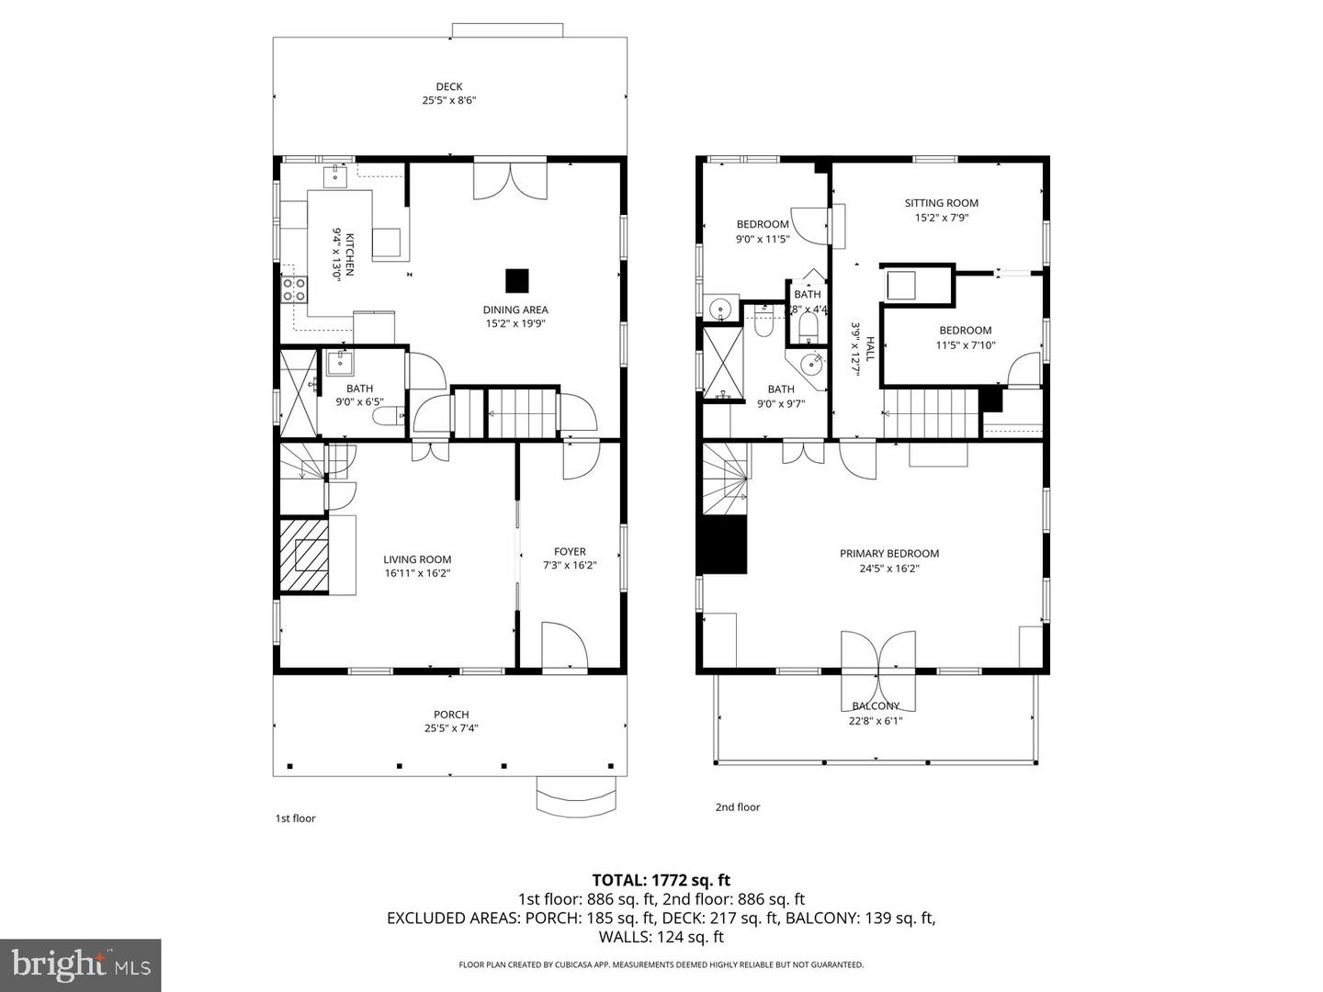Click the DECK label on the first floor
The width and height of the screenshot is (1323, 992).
[449, 87]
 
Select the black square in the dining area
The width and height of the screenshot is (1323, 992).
[517, 280]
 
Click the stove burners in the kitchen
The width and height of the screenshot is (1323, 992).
[295, 289]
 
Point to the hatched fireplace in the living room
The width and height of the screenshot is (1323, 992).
[304, 556]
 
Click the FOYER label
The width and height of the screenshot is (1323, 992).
[570, 552]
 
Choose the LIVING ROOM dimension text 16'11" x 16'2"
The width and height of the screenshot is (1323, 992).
[417, 573]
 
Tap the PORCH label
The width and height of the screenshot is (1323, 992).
[451, 715]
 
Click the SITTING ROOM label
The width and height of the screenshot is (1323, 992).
[941, 203]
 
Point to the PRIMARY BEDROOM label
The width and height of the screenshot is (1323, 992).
[889, 554]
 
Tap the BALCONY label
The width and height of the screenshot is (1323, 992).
[876, 706]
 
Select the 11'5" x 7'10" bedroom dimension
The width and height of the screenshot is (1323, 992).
[966, 345]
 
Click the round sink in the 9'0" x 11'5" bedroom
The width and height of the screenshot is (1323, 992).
[719, 308]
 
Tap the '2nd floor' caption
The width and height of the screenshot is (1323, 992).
[738, 807]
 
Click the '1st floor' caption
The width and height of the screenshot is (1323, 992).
[296, 818]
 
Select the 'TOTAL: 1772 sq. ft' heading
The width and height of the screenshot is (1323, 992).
[661, 881]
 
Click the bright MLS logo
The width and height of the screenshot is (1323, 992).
[80, 964]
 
